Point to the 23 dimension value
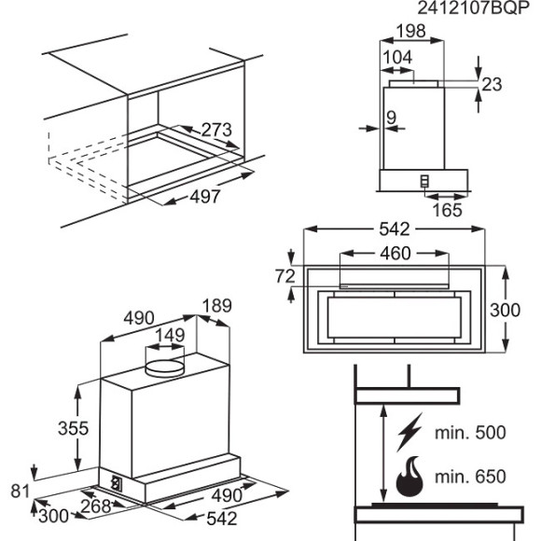click(492, 85)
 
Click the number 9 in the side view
click(391, 118)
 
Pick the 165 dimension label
click(447, 210)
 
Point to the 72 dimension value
click(285, 277)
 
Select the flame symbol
click(409, 479)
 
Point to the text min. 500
click(470, 432)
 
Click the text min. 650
click(470, 478)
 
